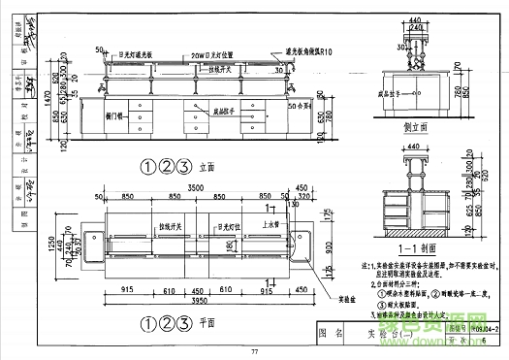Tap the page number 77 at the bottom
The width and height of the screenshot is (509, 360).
[x=254, y=350]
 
